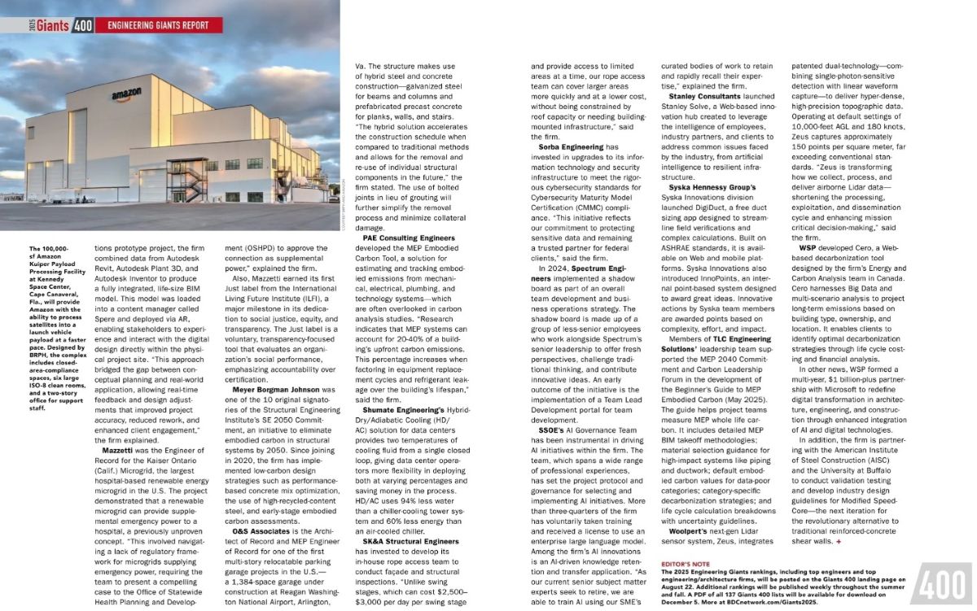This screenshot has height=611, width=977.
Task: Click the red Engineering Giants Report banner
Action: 159,25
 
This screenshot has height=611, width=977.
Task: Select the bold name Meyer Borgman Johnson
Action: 276,390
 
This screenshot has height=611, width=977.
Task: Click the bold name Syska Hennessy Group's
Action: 712,187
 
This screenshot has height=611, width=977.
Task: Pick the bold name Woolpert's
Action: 689,530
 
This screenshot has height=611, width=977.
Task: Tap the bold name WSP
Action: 808,246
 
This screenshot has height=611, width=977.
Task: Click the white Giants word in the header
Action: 52,25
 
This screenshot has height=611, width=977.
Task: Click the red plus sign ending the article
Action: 839,541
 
